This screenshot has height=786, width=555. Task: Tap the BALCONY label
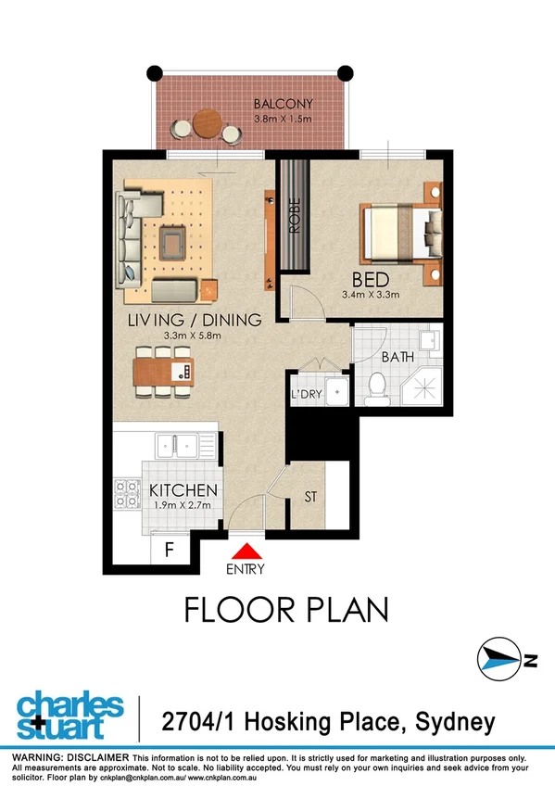point(284,104)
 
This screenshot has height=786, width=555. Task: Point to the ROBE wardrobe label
point(295,217)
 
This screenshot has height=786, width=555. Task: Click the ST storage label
point(311,498)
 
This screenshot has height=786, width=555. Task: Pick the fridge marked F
point(170,549)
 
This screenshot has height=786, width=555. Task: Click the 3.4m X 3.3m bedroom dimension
point(371,296)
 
